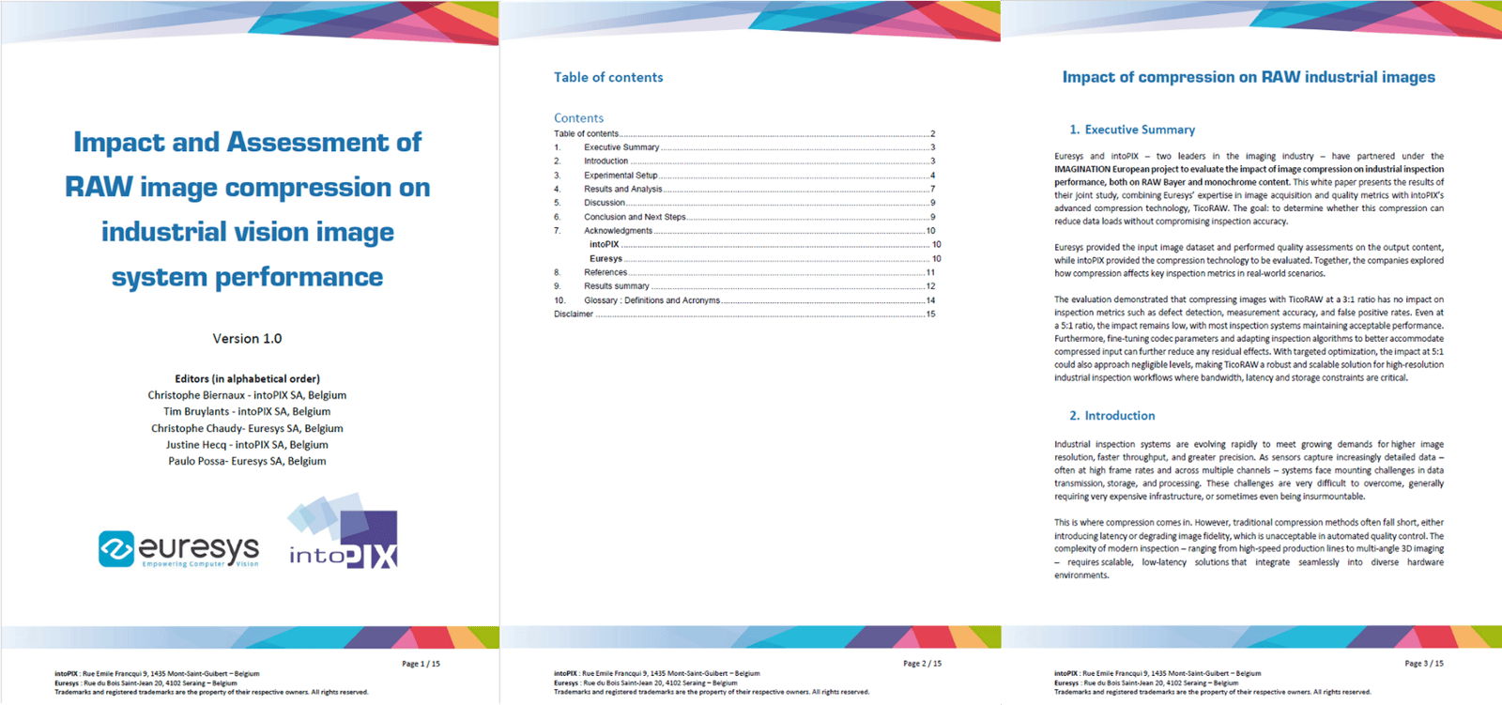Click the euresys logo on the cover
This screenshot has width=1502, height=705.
[178, 549]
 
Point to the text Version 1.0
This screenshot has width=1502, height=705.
[247, 339]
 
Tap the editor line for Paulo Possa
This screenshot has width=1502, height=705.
[247, 461]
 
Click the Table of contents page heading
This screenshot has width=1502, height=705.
[608, 78]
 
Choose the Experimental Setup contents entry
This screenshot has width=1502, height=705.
[621, 176]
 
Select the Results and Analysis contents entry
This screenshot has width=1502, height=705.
[622, 189]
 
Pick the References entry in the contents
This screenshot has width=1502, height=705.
[605, 272]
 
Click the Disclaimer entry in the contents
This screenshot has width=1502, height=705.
[574, 314]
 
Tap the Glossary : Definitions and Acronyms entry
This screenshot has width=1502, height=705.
[651, 300]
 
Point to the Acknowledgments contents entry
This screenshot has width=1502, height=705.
[618, 231]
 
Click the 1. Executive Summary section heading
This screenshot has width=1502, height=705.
[1132, 130]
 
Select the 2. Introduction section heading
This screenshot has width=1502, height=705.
[1112, 416]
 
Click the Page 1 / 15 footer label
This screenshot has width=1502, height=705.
[421, 664]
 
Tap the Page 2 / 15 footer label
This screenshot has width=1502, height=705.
[922, 664]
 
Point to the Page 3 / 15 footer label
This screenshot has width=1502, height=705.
[1423, 664]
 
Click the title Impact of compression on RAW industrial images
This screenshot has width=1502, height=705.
[1249, 78]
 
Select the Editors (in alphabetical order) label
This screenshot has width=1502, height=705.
[247, 379]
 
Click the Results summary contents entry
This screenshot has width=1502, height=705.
[616, 286]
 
